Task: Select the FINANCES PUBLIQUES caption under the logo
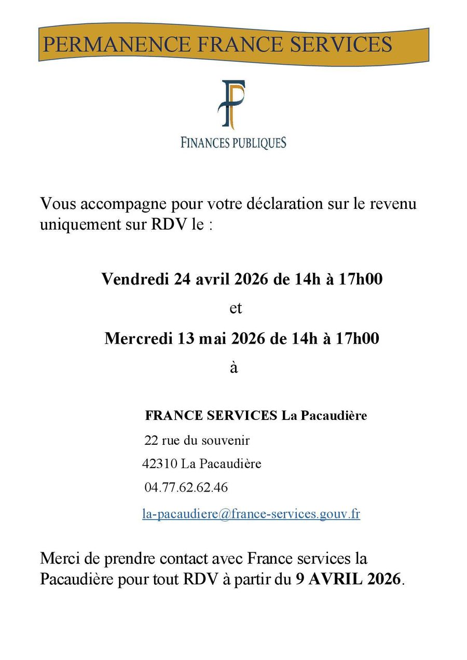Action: tap(233, 142)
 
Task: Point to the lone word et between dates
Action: tap(236, 308)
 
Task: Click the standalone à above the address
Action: tap(233, 368)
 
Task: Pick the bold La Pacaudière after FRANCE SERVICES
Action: tap(324, 416)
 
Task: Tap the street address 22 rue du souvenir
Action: tap(197, 441)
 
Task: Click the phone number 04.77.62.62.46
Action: tap(186, 488)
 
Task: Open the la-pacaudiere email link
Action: tap(251, 514)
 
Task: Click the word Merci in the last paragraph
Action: tap(61, 558)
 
